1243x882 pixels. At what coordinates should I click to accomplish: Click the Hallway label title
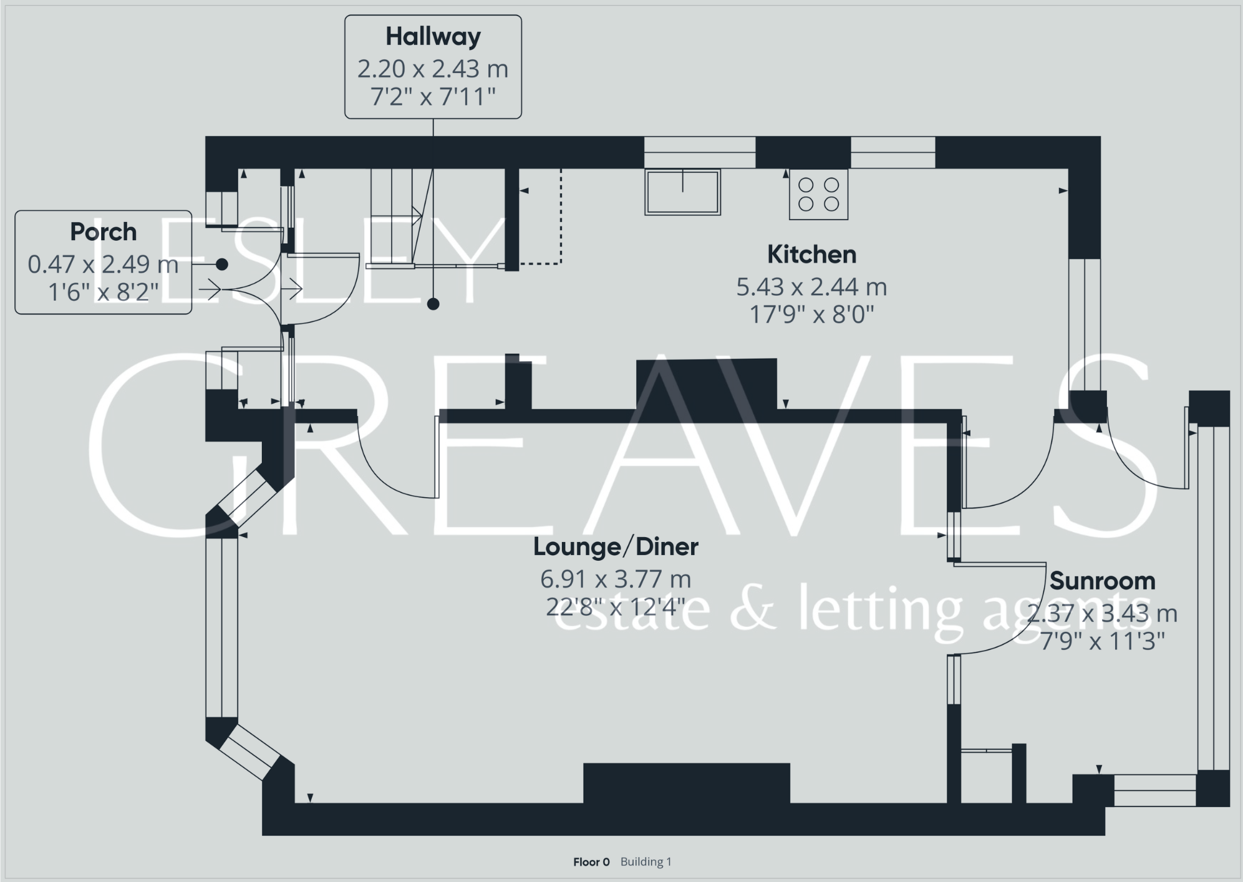[433, 37]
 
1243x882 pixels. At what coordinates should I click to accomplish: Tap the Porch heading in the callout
[103, 232]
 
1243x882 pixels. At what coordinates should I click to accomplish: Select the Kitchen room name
[811, 254]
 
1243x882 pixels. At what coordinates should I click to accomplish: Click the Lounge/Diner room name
[616, 547]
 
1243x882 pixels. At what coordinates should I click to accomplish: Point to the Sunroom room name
[1102, 581]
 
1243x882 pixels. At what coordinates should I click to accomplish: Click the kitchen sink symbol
[682, 192]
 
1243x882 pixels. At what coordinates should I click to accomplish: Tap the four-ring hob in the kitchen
[818, 194]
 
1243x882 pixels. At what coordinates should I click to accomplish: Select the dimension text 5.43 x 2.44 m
[811, 287]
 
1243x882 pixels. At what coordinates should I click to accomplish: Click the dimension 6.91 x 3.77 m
[616, 579]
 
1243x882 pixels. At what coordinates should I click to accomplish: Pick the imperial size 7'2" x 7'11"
[433, 97]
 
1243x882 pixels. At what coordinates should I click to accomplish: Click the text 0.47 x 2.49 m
[103, 264]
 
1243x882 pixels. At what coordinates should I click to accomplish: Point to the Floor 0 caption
[591, 862]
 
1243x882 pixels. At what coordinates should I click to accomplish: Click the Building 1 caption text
[646, 862]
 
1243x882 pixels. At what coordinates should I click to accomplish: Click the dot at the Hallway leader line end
[433, 304]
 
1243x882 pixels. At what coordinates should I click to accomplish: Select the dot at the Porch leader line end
[222, 264]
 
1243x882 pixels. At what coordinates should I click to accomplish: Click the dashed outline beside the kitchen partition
[560, 218]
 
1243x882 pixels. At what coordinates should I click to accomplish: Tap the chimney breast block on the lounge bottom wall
[686, 783]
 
